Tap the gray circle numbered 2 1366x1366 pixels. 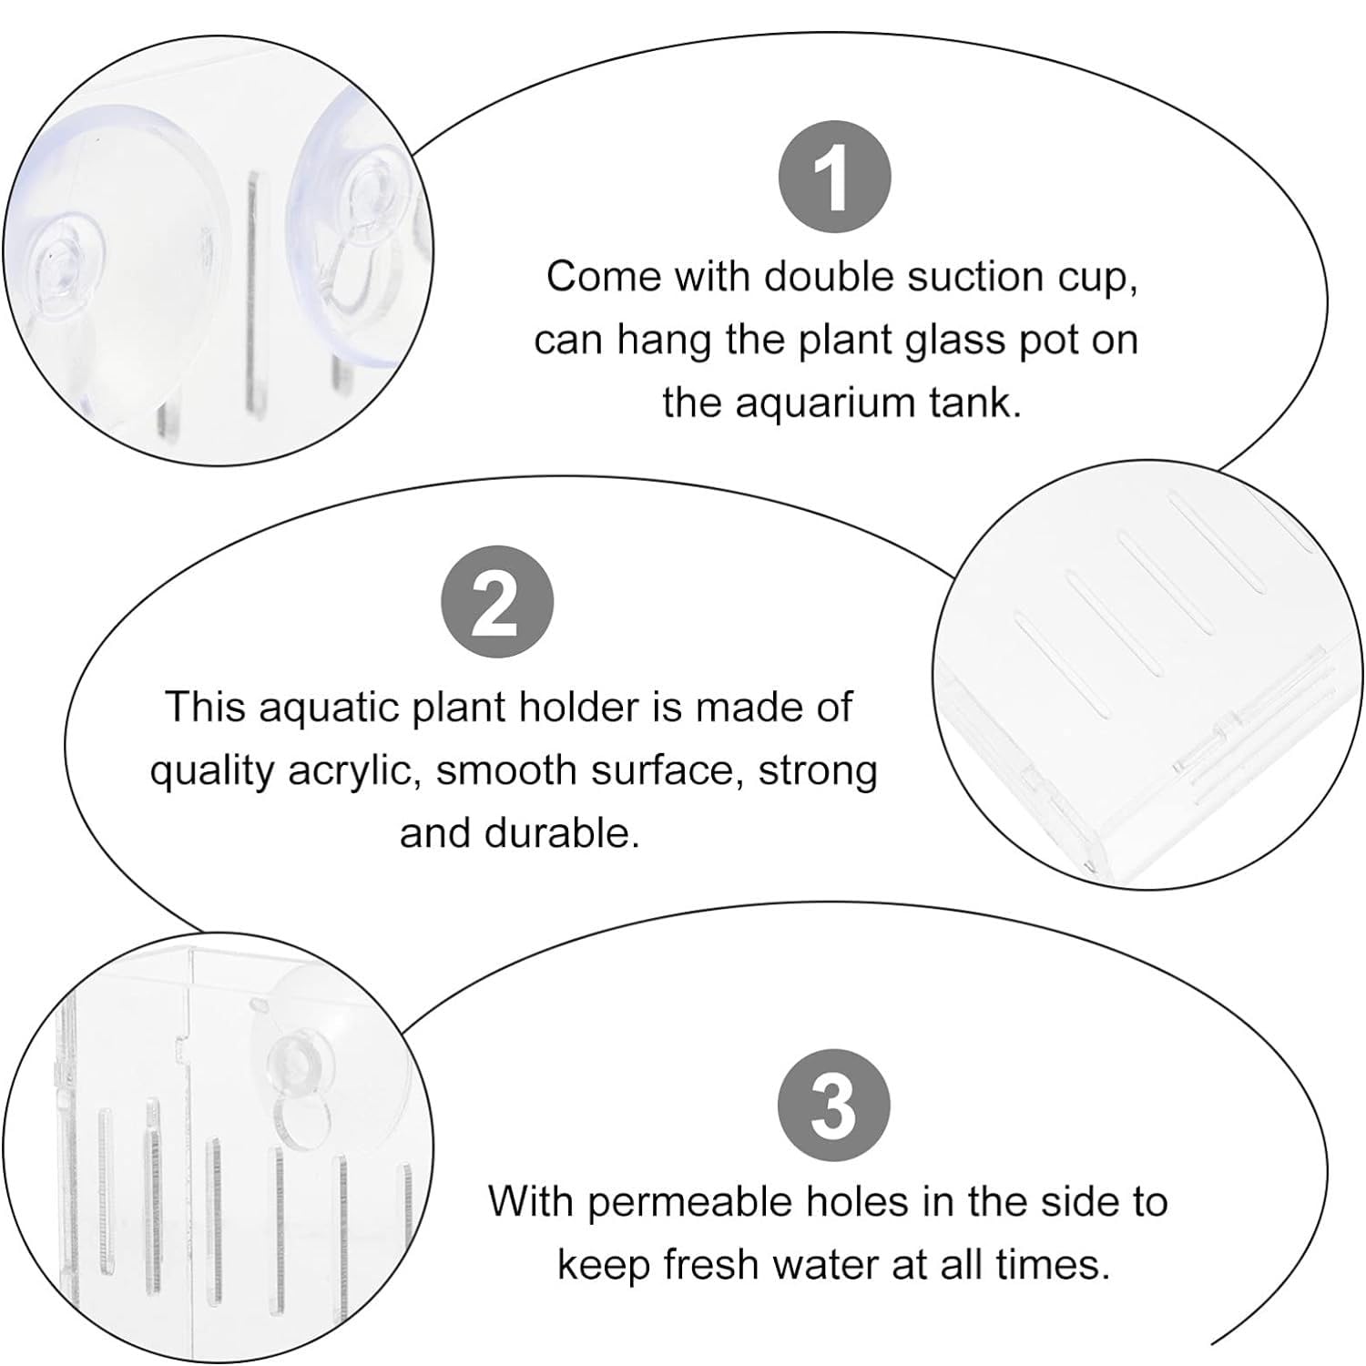(x=497, y=604)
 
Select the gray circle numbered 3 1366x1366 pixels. (x=834, y=1107)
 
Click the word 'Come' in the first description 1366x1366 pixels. (x=605, y=276)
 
